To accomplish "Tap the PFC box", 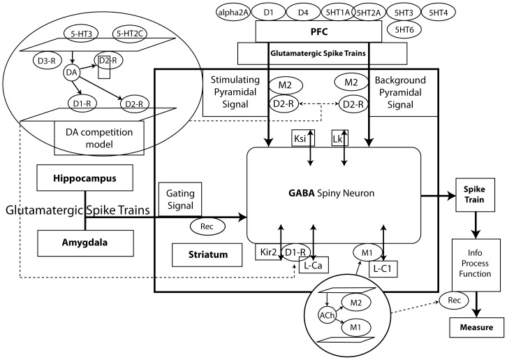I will click(x=318, y=31).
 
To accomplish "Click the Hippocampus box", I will click(x=84, y=178).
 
